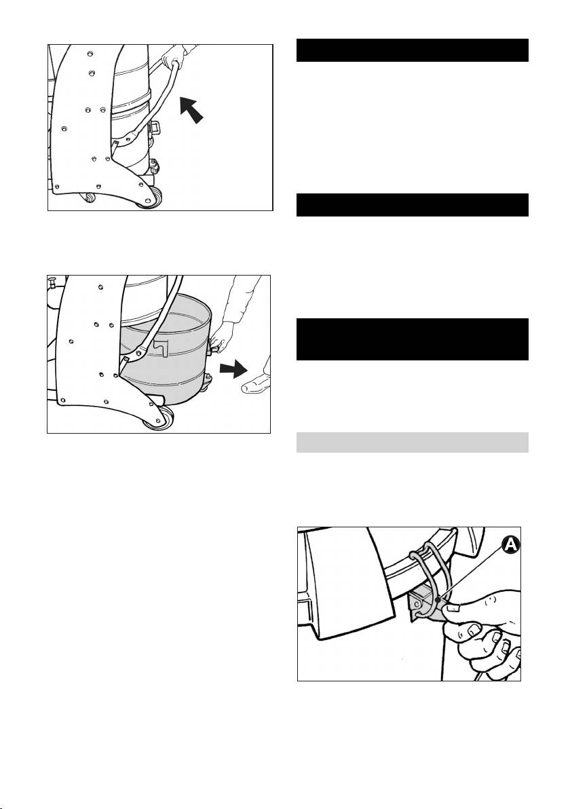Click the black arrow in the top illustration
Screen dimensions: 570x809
coord(191,109)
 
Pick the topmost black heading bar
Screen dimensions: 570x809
coord(412,50)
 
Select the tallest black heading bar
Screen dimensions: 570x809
coord(412,339)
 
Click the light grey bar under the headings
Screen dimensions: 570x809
coord(412,442)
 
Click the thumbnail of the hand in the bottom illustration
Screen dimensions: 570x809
coord(451,609)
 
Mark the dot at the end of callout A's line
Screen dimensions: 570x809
coord(437,599)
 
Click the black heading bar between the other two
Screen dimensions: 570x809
coord(412,205)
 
